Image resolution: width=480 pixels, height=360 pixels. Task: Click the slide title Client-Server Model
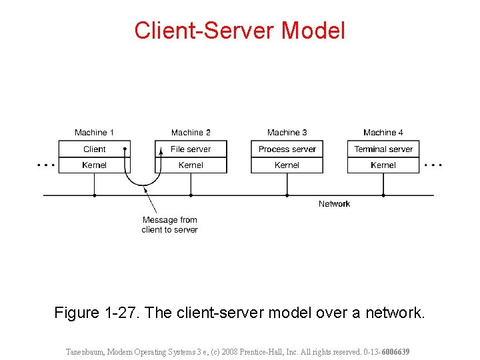pos(240,31)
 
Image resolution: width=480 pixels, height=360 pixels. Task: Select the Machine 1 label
pos(95,133)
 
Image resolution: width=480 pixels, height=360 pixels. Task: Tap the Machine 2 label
pos(191,133)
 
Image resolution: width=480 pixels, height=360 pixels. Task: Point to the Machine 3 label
pos(287,133)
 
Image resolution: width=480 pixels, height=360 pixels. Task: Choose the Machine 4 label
pos(383,133)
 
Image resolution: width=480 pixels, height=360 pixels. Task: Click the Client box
pos(95,149)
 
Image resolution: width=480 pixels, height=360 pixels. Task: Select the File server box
pos(191,149)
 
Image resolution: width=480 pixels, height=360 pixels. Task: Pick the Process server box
pos(287,149)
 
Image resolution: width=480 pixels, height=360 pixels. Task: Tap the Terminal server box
pos(383,149)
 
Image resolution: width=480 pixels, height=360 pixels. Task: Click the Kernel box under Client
pos(95,165)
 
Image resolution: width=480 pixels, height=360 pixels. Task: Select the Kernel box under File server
pos(191,165)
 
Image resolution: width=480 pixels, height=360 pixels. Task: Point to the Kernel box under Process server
pos(287,165)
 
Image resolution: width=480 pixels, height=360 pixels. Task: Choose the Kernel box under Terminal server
pos(383,165)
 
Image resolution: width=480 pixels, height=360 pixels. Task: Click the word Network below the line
pos(334,204)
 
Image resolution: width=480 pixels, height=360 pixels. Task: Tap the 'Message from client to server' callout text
pos(169,225)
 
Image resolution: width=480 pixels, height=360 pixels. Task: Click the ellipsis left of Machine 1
pos(46,164)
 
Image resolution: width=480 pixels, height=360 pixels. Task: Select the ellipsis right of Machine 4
pos(433,164)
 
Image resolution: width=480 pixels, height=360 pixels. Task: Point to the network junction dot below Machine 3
pos(287,195)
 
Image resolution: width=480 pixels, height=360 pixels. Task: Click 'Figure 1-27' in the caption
pos(96,313)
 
